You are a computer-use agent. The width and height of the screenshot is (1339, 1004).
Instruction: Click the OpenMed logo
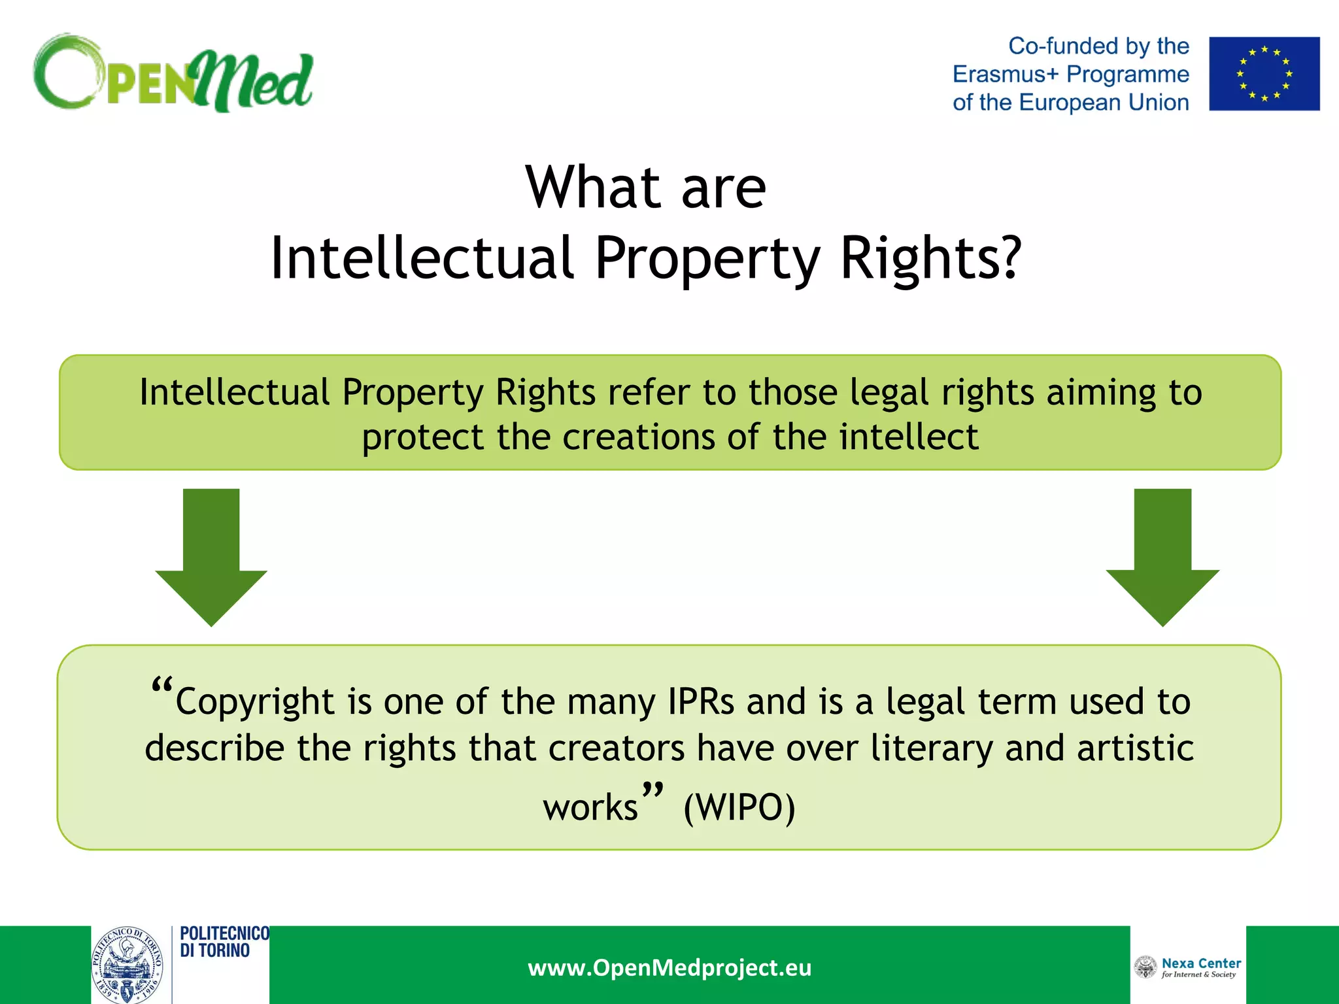pos(173,73)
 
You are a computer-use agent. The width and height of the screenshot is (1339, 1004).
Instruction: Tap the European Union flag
pos(1264,74)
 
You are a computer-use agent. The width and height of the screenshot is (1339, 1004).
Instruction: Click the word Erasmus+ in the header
pos(1005,75)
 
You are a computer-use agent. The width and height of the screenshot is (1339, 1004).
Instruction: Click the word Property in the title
pos(707,258)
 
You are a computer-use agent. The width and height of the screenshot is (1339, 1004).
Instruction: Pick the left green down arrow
pos(211,556)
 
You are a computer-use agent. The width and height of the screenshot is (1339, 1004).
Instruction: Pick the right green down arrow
pos(1162,556)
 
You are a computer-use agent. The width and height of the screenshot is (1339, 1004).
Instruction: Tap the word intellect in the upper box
pos(909,437)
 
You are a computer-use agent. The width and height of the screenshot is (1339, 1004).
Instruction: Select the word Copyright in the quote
pos(255,702)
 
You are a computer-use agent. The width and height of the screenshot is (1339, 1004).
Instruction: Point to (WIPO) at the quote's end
pos(739,807)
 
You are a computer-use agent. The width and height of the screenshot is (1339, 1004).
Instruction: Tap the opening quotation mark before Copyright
pos(161,686)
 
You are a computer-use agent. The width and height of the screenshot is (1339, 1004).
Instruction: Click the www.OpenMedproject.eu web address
pos(669,967)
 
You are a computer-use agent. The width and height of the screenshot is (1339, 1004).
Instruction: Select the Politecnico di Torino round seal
pos(127,965)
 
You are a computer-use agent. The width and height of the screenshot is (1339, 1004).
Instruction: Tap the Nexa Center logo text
pos(1200,967)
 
